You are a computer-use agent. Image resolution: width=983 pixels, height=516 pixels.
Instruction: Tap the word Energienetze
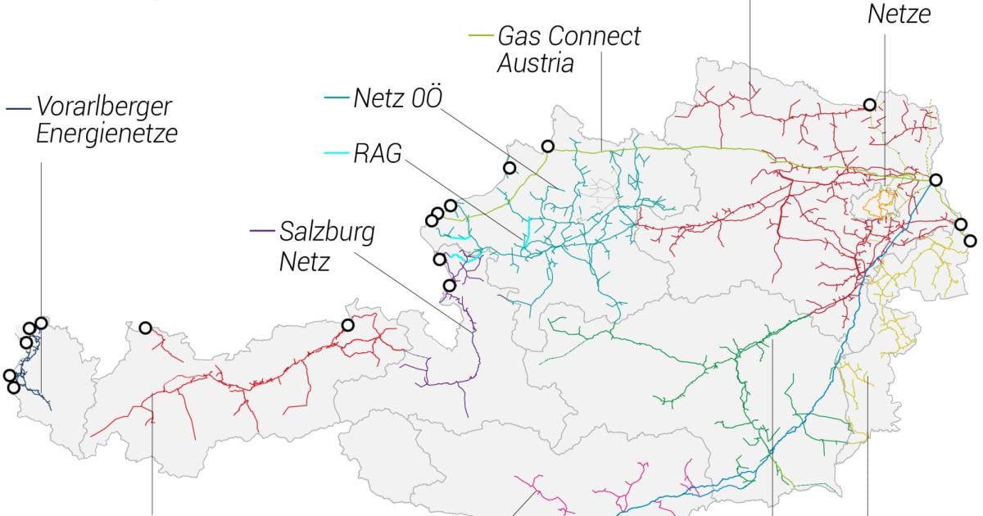(106, 134)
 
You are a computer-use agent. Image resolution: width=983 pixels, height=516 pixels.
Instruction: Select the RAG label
(378, 154)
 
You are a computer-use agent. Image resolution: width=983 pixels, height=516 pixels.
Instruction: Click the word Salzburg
(327, 232)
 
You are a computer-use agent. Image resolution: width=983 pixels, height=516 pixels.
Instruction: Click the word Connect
(593, 36)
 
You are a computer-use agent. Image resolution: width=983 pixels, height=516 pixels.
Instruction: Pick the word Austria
(536, 63)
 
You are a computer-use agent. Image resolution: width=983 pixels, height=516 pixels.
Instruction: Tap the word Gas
(519, 36)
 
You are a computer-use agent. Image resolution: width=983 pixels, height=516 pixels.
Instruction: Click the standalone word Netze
(899, 13)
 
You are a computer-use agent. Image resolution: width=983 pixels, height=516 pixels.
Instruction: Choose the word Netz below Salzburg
(305, 261)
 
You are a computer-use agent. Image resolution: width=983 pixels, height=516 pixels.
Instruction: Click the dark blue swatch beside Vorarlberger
(18, 107)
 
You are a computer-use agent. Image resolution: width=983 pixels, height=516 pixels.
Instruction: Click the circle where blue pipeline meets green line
(935, 179)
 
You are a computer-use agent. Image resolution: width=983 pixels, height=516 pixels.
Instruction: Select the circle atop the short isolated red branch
(145, 328)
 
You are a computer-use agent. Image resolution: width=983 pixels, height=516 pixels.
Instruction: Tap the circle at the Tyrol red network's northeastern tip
(347, 325)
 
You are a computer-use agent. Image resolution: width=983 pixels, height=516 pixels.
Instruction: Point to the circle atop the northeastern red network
(869, 104)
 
